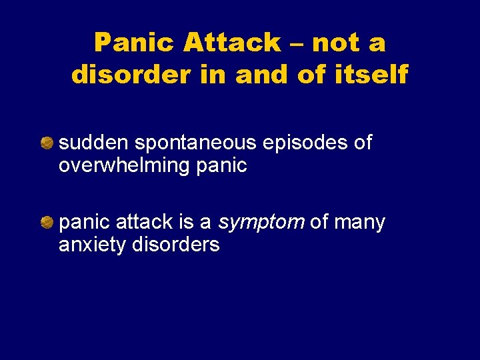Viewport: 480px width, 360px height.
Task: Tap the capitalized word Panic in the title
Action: point(135,43)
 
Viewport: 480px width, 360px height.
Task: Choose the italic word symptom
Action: point(262,223)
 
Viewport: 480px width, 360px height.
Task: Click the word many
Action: point(360,223)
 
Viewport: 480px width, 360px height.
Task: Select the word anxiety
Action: point(93,245)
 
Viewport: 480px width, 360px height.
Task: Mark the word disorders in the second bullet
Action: point(176,245)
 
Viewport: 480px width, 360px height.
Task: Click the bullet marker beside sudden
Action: point(47,143)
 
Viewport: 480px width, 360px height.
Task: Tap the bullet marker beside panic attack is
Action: point(47,222)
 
